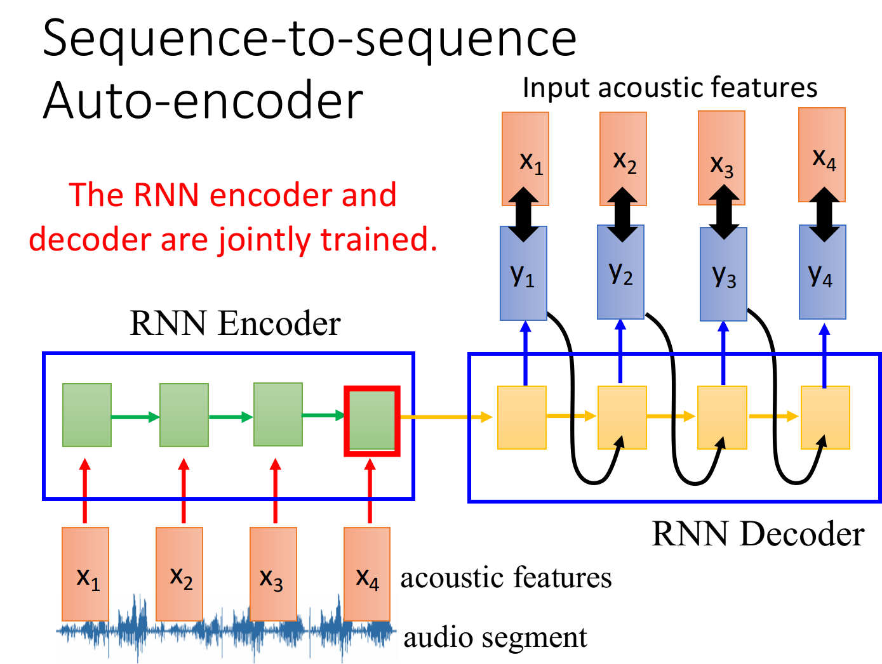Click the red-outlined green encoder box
[372, 420]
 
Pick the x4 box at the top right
[822, 155]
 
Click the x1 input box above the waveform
[86, 573]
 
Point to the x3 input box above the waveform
[273, 573]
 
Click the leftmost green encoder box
[87, 415]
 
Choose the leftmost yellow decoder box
[522, 417]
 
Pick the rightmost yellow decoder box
[825, 417]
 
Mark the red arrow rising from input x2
[184, 491]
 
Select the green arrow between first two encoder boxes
[135, 417]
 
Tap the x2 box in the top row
[624, 159]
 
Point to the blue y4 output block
[822, 273]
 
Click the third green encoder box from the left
[278, 414]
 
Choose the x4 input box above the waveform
[367, 573]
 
